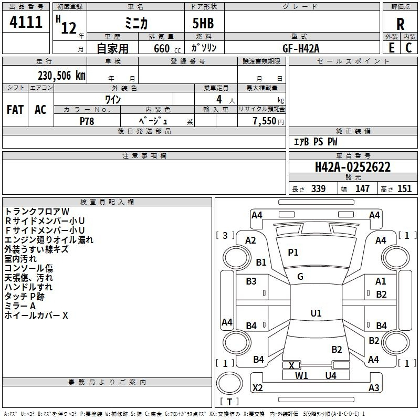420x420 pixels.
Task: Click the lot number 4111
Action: (x=26, y=23)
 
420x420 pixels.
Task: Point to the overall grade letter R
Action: (x=400, y=24)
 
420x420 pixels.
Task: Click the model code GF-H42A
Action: (x=301, y=48)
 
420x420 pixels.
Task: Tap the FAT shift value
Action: (x=15, y=109)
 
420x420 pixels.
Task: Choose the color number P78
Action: (x=87, y=121)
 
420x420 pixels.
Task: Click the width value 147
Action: (x=362, y=189)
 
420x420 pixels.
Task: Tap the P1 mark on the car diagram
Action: (x=293, y=253)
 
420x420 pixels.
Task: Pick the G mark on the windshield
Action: (x=300, y=276)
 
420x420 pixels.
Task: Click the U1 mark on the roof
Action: (x=316, y=313)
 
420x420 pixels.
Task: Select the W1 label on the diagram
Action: (x=301, y=375)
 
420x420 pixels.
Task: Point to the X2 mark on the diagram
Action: (x=258, y=388)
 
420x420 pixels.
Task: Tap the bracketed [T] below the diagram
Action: (x=229, y=402)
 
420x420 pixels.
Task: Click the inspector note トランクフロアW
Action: (x=37, y=211)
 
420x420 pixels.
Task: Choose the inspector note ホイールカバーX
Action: (x=36, y=316)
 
